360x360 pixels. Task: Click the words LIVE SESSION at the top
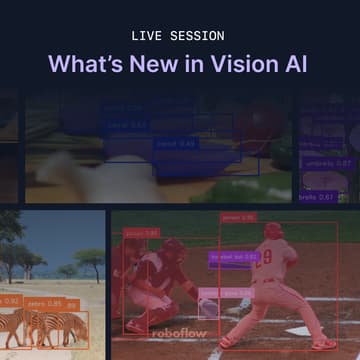[x=180, y=33]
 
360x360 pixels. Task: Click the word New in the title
[x=164, y=64]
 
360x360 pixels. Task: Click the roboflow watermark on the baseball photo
[x=179, y=332]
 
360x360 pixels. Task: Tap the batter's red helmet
[x=272, y=232]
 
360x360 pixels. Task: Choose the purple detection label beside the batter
[x=232, y=257]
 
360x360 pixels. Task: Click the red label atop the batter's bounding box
[x=238, y=216]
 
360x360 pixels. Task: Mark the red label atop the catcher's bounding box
[x=140, y=233]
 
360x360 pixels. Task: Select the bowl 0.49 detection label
[x=176, y=144]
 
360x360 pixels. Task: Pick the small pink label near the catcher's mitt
[x=209, y=291]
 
